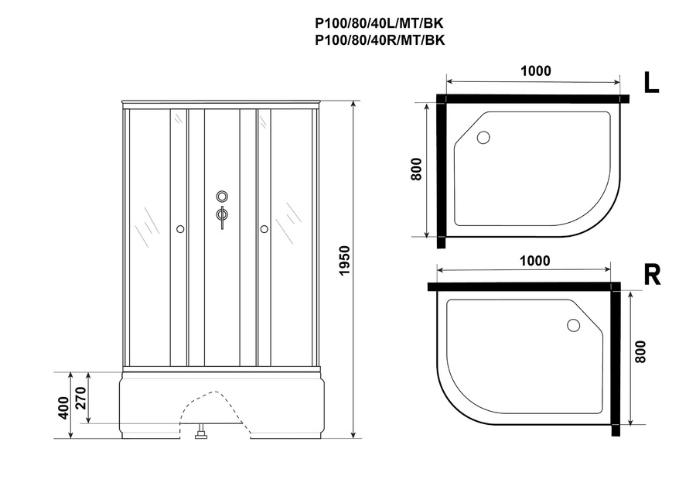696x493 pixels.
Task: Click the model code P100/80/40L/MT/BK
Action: pyautogui.click(x=380, y=23)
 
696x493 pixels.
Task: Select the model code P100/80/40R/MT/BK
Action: pyautogui.click(x=380, y=40)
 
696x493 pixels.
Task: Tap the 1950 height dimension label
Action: pyautogui.click(x=344, y=261)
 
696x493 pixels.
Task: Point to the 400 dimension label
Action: pyautogui.click(x=63, y=408)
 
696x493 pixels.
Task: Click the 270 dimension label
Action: pyautogui.click(x=80, y=399)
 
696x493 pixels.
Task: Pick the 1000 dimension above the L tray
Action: pyautogui.click(x=536, y=70)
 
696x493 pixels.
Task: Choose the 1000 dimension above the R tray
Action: pyautogui.click(x=535, y=260)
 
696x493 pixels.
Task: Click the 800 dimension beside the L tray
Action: pyautogui.click(x=416, y=169)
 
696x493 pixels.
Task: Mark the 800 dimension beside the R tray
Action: pyautogui.click(x=640, y=352)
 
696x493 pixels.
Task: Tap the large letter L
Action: pyautogui.click(x=651, y=83)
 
